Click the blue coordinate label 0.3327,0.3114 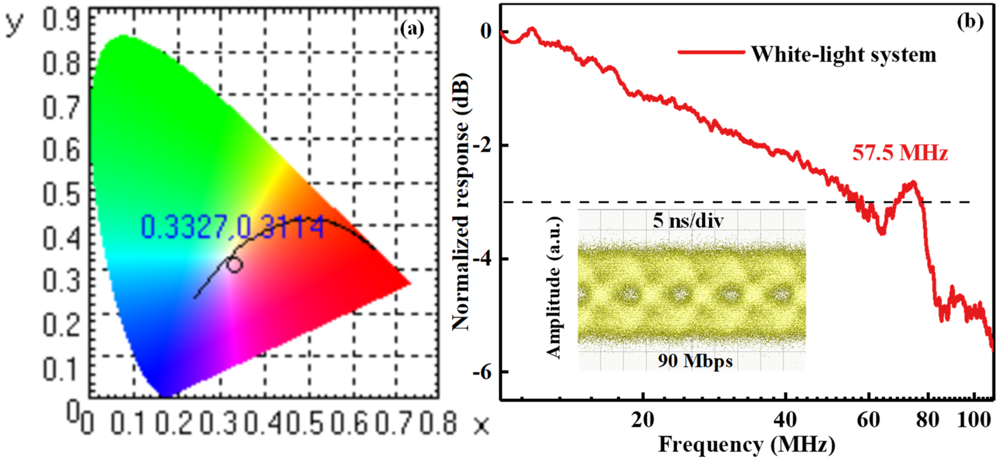click(232, 227)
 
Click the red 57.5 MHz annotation click(900, 153)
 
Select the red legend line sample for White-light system click(711, 52)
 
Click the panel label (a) click(412, 29)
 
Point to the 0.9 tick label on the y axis click(61, 20)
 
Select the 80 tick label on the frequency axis click(928, 420)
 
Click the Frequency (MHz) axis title click(746, 445)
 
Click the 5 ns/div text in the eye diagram click(688, 221)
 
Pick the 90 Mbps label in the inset click(695, 361)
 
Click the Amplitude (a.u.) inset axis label click(554, 287)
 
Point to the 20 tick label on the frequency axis click(643, 420)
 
